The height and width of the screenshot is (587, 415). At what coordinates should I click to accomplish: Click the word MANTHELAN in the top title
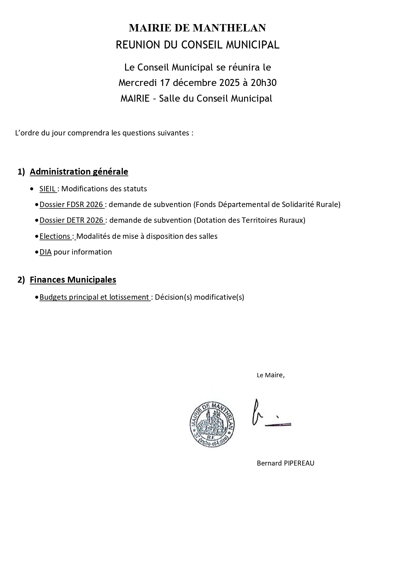click(x=229, y=28)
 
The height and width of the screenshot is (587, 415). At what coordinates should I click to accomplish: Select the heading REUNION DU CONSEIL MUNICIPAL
click(x=197, y=45)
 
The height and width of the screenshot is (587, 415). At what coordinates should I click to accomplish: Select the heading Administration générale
click(x=79, y=172)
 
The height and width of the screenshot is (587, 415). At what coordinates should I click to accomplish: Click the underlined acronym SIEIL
click(x=47, y=189)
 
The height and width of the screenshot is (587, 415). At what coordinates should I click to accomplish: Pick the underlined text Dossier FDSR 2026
click(x=71, y=204)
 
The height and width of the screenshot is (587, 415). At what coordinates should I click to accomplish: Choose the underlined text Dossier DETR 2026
click(x=72, y=220)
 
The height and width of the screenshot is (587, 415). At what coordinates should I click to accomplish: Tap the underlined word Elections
click(x=55, y=236)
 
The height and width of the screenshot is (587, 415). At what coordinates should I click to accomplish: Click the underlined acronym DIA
click(x=45, y=252)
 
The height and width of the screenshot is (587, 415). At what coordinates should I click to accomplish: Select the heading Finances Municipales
click(x=73, y=280)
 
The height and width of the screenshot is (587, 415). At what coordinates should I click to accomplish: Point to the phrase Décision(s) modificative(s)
click(x=200, y=297)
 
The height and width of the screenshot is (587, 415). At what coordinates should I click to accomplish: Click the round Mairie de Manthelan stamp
click(x=211, y=424)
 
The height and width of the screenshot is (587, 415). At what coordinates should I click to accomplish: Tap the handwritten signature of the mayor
click(x=270, y=415)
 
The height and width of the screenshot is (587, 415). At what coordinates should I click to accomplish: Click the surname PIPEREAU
click(x=299, y=463)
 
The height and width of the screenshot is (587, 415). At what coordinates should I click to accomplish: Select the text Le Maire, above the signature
click(x=271, y=375)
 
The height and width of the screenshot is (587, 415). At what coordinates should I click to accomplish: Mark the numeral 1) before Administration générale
click(x=21, y=172)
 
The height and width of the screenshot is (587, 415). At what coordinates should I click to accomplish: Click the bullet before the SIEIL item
click(x=32, y=189)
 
